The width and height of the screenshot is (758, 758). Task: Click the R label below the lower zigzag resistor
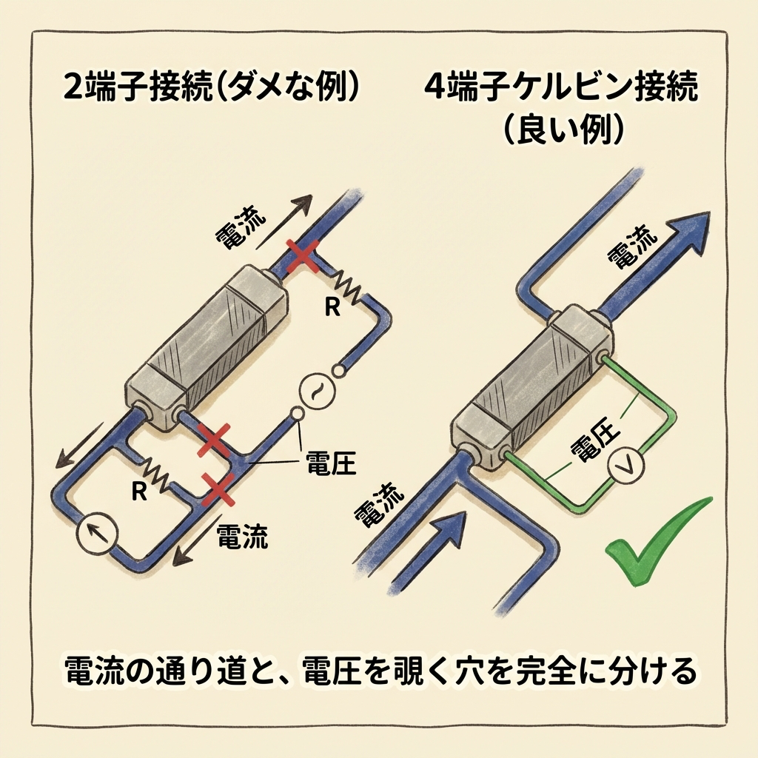[138, 492]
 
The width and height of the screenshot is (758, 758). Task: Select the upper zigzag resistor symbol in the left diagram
[348, 287]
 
